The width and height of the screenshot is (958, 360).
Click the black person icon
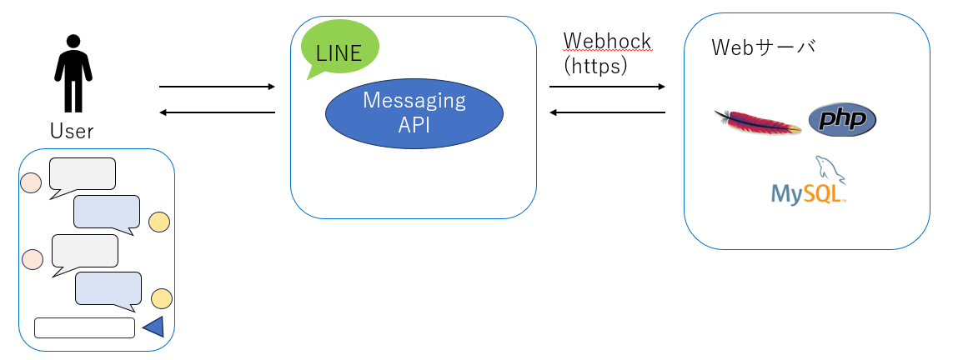coord(73,73)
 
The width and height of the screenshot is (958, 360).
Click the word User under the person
coord(72,131)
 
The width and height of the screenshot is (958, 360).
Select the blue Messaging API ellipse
coord(414,113)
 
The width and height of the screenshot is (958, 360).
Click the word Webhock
coord(607,42)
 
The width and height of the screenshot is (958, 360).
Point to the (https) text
coord(595,66)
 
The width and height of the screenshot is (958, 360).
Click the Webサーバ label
coord(763,47)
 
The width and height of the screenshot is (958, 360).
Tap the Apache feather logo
coord(757,122)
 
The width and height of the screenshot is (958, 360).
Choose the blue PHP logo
coord(842,120)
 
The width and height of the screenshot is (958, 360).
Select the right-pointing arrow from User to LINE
coord(217,87)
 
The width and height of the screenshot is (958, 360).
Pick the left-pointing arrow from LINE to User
coord(217,112)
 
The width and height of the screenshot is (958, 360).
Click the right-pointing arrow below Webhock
coord(607,87)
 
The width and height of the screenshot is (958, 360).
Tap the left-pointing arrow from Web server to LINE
coord(607,112)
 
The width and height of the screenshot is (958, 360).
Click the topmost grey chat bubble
coord(82,174)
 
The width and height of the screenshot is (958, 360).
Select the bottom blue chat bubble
coord(108,288)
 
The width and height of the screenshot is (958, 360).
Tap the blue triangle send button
coord(154,327)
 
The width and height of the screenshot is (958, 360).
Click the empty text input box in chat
coord(84,327)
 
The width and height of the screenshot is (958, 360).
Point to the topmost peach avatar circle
coord(31,182)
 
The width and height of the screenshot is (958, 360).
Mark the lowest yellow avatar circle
coord(161,298)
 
